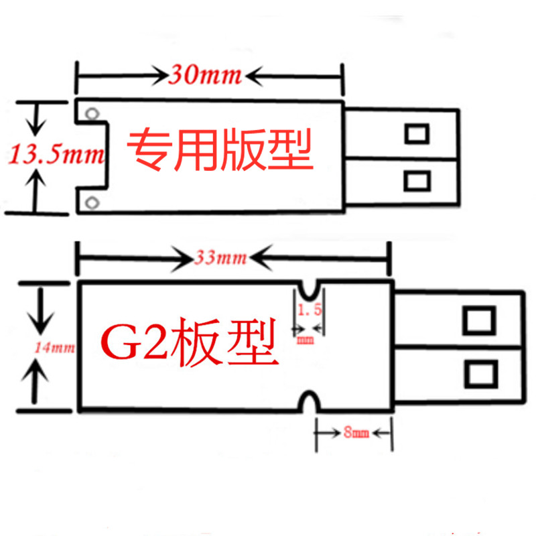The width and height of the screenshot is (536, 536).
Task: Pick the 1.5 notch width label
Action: [x=309, y=310]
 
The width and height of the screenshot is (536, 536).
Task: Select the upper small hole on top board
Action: [x=93, y=113]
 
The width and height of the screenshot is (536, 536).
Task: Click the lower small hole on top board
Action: [x=93, y=201]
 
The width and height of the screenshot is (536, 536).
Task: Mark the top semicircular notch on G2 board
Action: [x=310, y=289]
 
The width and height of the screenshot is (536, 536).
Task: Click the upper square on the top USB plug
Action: [x=417, y=133]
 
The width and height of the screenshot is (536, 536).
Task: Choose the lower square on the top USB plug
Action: [x=417, y=180]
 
